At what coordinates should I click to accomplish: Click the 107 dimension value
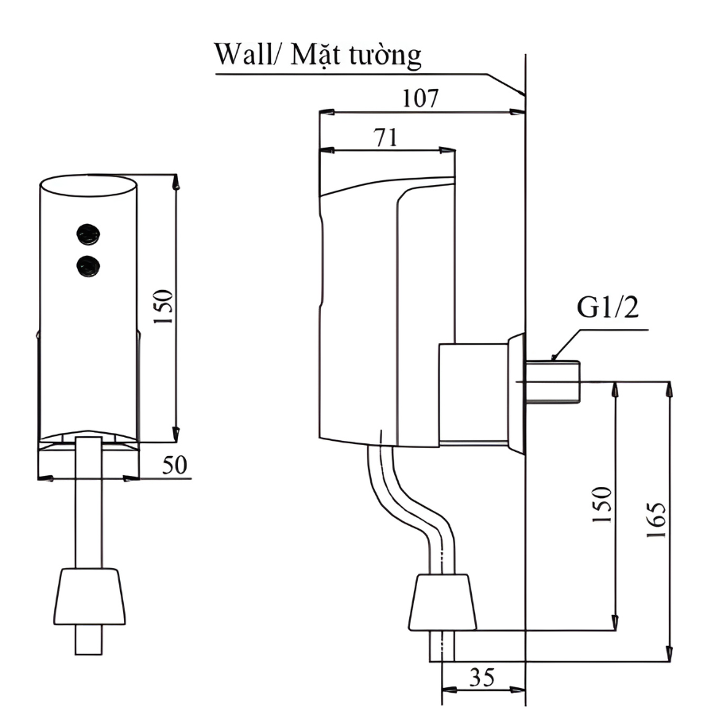pos(421,99)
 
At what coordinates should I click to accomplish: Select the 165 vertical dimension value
pos(656,520)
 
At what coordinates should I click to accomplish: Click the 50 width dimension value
pos(175,465)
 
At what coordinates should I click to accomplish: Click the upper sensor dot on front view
pos(87,234)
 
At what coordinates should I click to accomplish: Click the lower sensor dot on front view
pos(87,265)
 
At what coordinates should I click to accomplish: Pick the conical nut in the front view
pos(89,596)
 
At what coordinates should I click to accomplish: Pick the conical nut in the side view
pos(443,601)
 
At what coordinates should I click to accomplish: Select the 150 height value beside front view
pos(162,308)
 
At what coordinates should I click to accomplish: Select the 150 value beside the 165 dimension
pos(603,504)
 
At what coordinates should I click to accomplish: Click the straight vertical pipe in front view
pos(88,508)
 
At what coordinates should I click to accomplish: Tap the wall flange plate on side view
pos(516,393)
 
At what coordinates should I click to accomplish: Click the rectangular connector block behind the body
pos(473,392)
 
